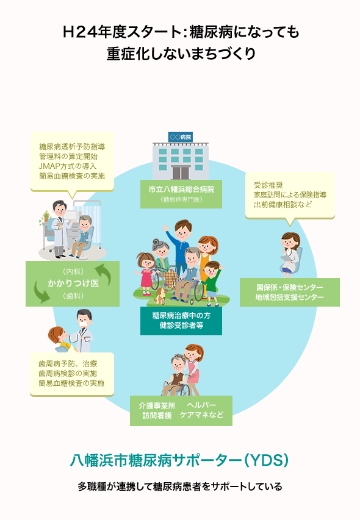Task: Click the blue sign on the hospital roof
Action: (181, 137)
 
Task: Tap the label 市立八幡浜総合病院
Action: (181, 190)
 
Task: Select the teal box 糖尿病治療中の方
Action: (181, 321)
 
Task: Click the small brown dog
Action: (160, 296)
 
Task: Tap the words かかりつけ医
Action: (73, 283)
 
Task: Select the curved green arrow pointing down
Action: (41, 292)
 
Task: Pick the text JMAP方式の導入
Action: (68, 166)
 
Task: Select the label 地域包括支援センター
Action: (289, 297)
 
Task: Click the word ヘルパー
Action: (202, 405)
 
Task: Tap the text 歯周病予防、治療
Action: (68, 364)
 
